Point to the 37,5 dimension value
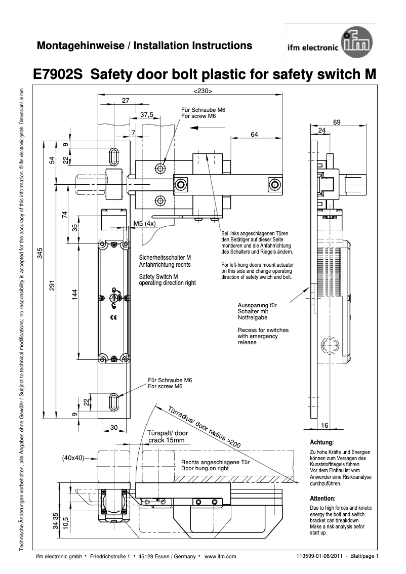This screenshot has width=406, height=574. [x=146, y=115]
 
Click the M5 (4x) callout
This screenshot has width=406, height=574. [x=144, y=223]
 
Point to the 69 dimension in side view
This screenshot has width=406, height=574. [x=337, y=122]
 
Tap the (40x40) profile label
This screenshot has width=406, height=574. [x=73, y=458]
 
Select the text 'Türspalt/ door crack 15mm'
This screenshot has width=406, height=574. [x=168, y=437]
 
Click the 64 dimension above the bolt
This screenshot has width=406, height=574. [x=254, y=134]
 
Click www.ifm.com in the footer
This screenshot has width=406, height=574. [x=221, y=557]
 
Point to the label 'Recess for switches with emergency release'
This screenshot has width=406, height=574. [x=263, y=336]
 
